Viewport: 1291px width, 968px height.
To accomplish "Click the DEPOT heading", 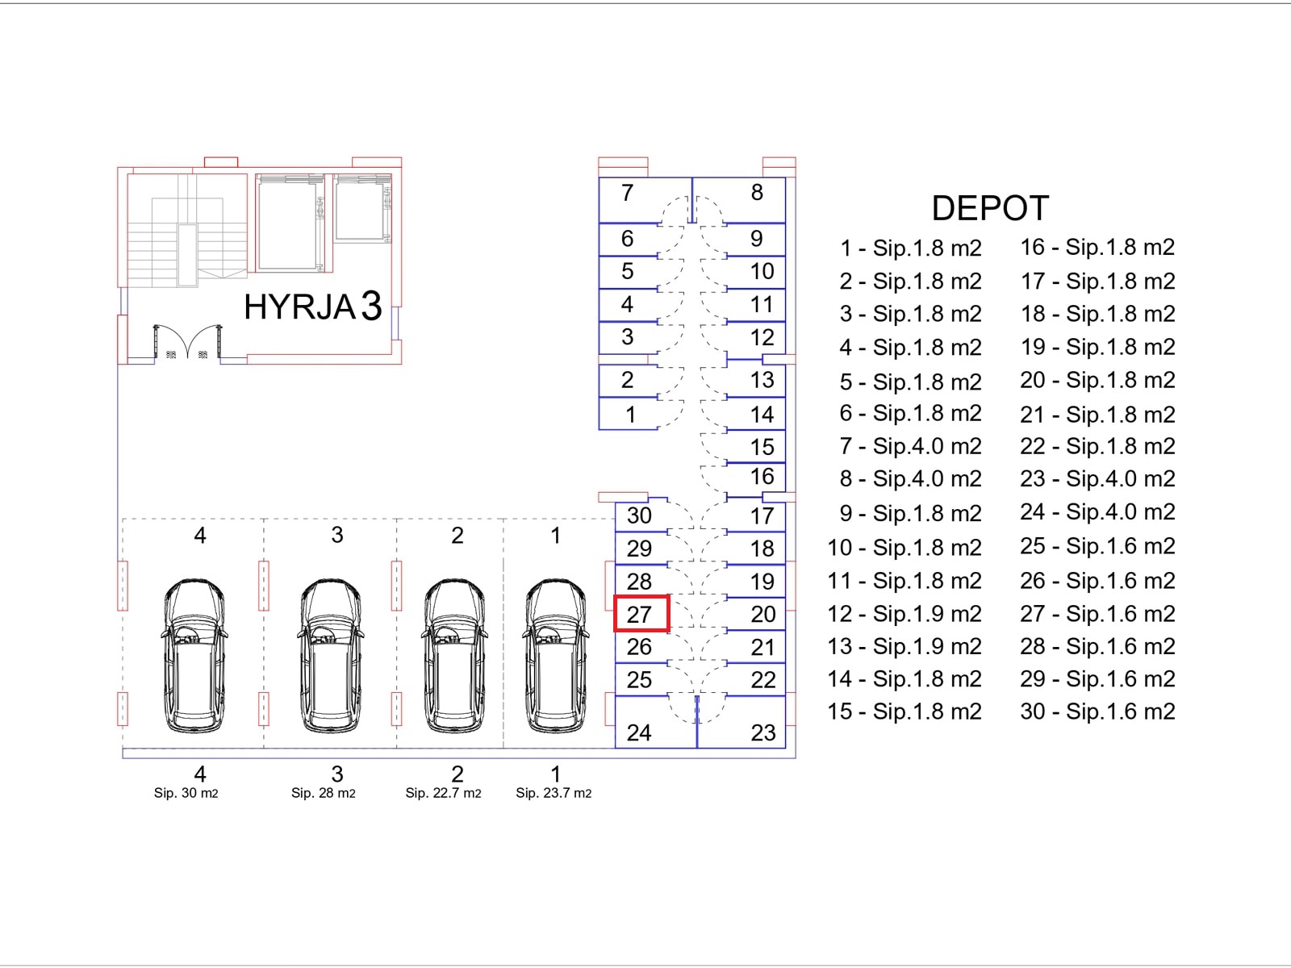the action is [990, 208].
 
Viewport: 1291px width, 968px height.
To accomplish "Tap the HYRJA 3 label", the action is [312, 307].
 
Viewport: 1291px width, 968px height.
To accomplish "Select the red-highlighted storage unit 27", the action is [641, 614].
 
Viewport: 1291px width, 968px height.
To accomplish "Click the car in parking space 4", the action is [194, 655].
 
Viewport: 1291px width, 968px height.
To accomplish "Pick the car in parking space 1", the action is [555, 655].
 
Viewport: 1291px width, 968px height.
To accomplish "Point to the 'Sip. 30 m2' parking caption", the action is [186, 793].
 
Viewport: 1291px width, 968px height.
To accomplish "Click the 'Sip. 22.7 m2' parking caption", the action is [443, 793].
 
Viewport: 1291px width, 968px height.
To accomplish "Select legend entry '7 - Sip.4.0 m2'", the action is [910, 446].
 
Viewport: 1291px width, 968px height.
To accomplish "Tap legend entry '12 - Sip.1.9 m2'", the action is [905, 614].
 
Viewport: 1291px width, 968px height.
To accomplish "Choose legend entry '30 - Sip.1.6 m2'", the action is [1097, 711].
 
